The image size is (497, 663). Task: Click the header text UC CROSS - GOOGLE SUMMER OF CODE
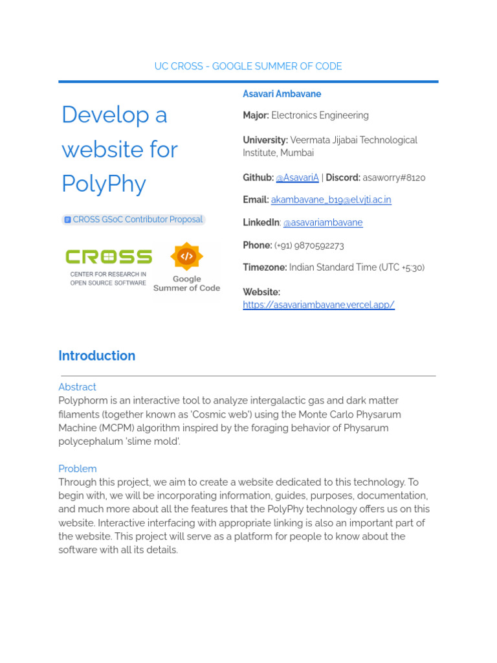248,66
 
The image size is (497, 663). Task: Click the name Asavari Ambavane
282,94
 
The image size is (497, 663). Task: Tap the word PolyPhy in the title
104,183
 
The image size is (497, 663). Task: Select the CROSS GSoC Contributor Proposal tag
133,219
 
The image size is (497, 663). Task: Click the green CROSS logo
109,257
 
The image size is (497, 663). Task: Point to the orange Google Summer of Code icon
186,256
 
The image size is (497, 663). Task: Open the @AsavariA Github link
297,177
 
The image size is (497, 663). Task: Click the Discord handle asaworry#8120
393,177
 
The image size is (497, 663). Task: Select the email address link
331,199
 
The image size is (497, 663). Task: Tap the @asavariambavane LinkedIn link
322,222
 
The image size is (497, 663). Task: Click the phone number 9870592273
320,245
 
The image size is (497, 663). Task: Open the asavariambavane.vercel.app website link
318,304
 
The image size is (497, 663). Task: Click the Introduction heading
96,355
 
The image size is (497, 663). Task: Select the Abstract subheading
77,387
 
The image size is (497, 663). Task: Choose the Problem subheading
77,469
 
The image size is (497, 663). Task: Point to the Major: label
256,115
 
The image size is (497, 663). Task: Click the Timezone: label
265,267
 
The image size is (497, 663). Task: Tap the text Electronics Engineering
320,115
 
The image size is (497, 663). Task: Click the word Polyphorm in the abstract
82,401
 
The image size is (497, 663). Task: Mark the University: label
265,140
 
